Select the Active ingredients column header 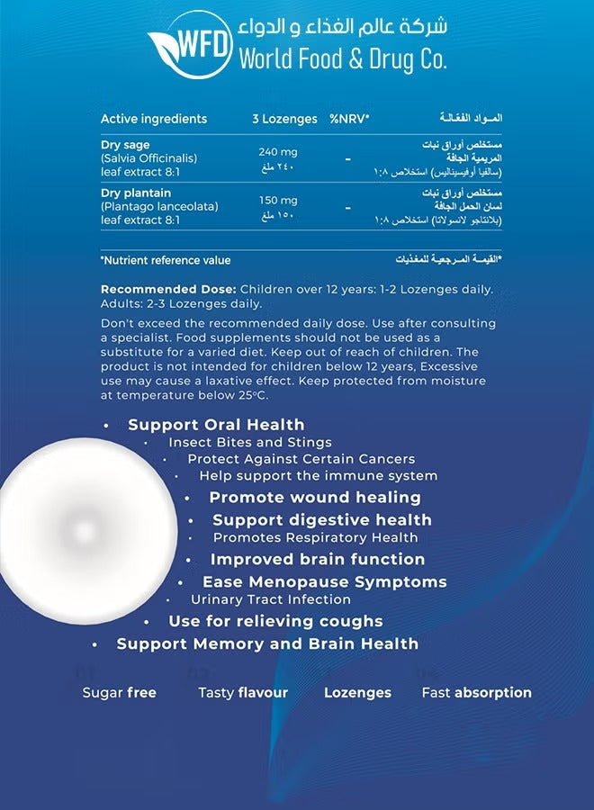tap(154, 119)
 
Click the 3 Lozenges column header tap(284, 119)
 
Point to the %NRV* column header tap(349, 119)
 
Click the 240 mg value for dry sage tap(278, 152)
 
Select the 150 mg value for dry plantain tap(278, 200)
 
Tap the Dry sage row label tap(126, 145)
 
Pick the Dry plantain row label tap(136, 193)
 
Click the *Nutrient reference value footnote tap(166, 260)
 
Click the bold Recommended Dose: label tap(168, 289)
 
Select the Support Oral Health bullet tap(216, 425)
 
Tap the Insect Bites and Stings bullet tap(250, 443)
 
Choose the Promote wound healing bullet tap(315, 497)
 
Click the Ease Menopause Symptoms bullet tap(324, 582)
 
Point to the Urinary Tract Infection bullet tap(271, 599)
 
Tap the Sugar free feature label tap(119, 693)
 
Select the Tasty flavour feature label tap(243, 693)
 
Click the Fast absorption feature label tap(476, 693)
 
